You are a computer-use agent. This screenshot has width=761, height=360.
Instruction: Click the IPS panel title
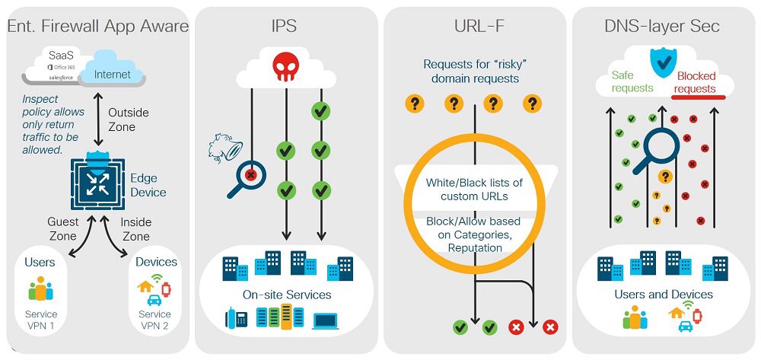coord(284,26)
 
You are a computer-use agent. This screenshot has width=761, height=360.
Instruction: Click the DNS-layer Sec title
coord(662,26)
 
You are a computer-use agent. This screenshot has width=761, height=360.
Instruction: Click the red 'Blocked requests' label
coord(696,82)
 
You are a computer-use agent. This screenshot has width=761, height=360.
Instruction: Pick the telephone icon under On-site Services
coord(237,318)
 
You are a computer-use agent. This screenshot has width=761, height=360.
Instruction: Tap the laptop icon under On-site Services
coord(326,320)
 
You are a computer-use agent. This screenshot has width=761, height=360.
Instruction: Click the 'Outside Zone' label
coord(128,119)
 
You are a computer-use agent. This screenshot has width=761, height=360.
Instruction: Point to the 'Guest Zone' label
coord(62,229)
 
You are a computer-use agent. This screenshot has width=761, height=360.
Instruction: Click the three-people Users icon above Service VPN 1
coord(41,288)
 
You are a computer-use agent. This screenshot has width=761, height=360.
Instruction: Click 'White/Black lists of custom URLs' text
coord(474,190)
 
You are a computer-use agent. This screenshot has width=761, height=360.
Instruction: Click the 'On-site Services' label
coord(287,295)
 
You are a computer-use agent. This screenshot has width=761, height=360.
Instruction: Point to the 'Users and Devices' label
coord(664,294)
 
